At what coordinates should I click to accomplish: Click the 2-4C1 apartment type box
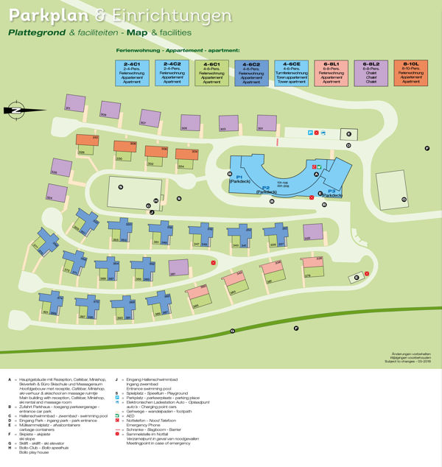pos(133,72)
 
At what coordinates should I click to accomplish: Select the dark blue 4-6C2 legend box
pos(250,72)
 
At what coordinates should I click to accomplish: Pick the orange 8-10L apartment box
pos(409,72)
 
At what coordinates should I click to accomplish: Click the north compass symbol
pos(15,110)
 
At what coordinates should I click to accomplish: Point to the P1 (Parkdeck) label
pos(240,178)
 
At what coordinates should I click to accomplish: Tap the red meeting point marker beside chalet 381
pos(214,262)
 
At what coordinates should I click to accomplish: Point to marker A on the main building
pos(315,175)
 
